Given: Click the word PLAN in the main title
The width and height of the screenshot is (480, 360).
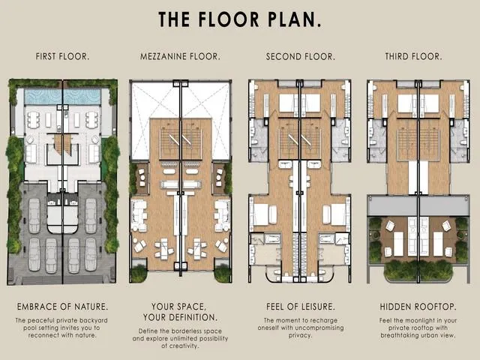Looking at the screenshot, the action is click(295, 19).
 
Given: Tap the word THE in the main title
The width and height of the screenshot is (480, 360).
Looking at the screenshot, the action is click(174, 19).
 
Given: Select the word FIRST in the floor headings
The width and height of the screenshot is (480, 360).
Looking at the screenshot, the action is click(46, 57).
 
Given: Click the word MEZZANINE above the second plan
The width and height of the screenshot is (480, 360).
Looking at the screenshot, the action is click(163, 57).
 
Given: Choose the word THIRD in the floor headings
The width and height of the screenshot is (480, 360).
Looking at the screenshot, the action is click(397, 57).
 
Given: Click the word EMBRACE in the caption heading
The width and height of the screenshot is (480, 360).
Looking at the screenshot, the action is click(35, 307).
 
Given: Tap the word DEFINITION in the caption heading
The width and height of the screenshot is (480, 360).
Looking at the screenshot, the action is click(194, 317).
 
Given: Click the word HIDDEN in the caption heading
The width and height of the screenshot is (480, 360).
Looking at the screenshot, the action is click(394, 307).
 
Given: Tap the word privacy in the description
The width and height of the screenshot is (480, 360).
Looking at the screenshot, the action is click(300, 335).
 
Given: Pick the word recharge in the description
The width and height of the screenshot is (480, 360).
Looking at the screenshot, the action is click(325, 320).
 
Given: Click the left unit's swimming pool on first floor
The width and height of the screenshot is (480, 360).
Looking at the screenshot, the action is click(43, 97).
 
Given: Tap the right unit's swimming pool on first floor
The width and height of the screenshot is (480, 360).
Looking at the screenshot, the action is click(82, 97).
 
